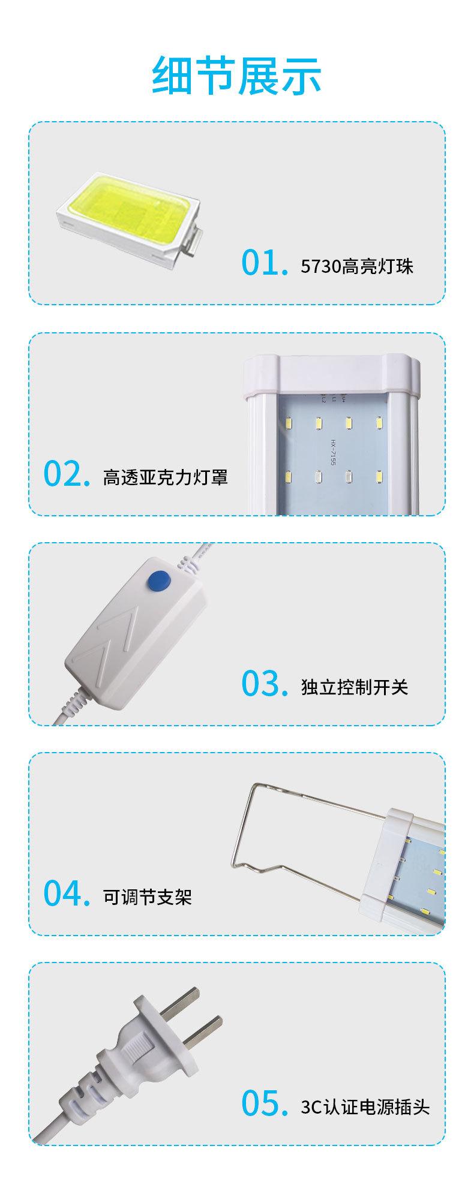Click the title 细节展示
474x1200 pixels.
(237, 76)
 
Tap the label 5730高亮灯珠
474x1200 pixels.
(358, 266)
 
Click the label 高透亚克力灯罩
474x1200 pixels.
(166, 477)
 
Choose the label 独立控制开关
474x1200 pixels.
(355, 687)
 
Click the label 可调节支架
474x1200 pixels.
(148, 897)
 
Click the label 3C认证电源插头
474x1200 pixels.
(365, 1106)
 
